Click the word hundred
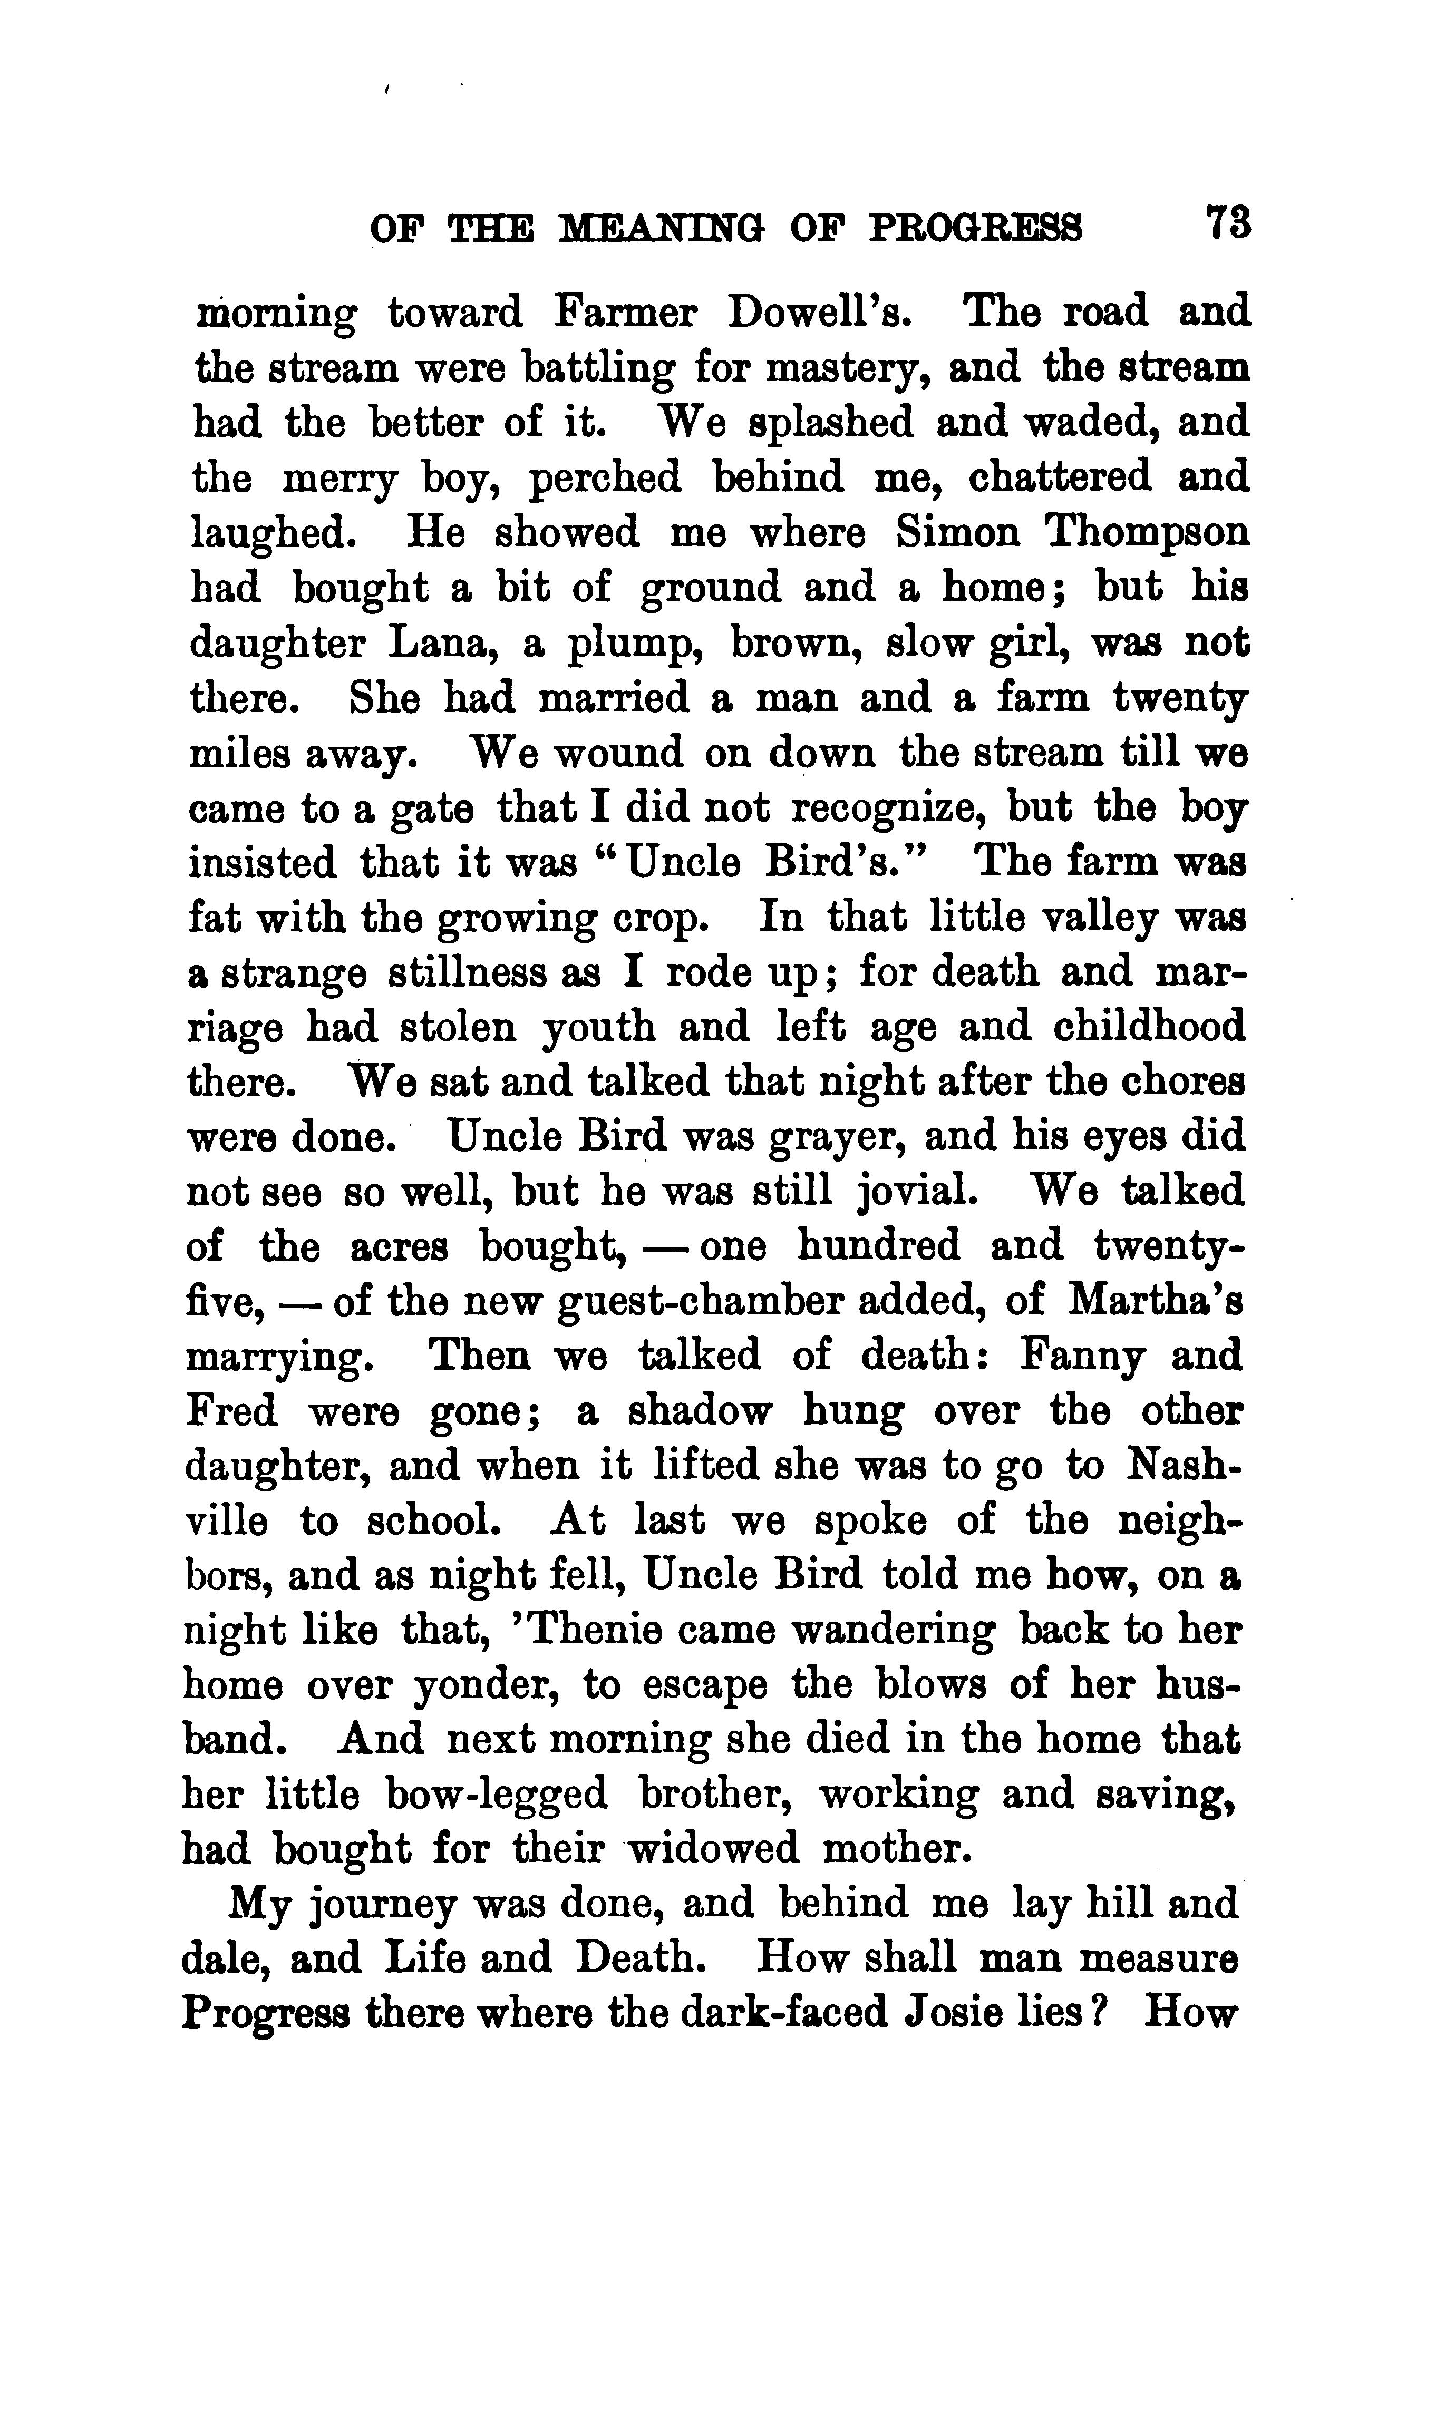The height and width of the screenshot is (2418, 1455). click(878, 1247)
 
